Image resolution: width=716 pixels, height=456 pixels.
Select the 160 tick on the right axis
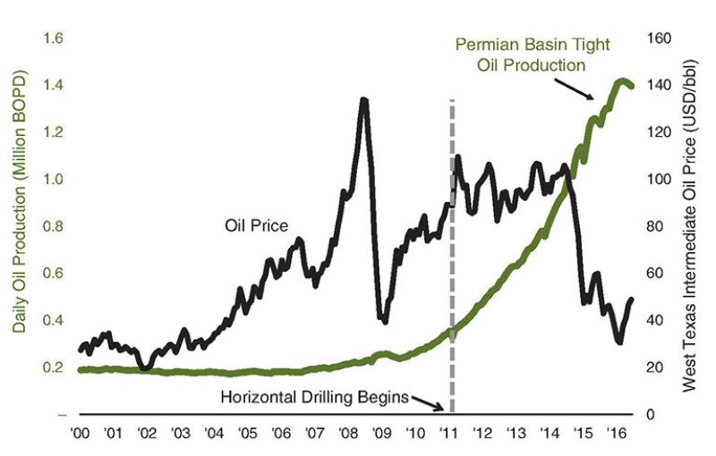click(659, 38)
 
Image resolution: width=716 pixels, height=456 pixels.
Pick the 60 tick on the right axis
click(655, 274)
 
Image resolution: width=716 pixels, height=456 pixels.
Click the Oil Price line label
click(255, 226)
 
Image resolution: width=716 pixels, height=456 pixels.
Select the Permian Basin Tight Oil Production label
click(520, 55)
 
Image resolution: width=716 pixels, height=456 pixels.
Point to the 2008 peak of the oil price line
click(363, 100)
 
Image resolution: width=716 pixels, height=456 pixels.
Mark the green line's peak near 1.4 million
click(618, 80)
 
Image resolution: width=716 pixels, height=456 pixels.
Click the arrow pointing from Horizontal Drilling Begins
click(430, 402)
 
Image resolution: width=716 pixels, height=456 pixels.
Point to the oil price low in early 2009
click(384, 319)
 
